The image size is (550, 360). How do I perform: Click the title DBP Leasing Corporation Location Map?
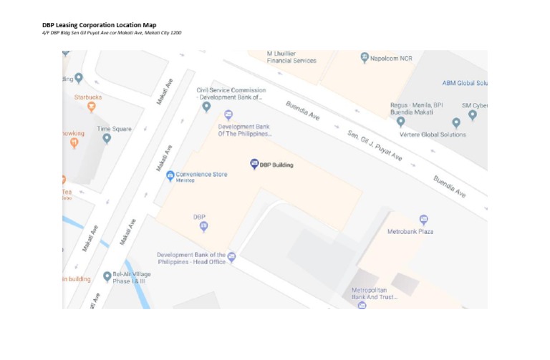99,25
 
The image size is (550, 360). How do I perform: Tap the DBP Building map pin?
254,164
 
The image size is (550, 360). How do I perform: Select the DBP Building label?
276,165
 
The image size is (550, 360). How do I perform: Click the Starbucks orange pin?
91,107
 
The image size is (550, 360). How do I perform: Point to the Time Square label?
115,129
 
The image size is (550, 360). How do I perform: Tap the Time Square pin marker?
107,139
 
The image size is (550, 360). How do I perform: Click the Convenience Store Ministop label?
201,175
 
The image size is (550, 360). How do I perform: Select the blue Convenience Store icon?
170,175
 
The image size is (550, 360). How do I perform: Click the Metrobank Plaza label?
410,232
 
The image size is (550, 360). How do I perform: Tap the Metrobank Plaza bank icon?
423,220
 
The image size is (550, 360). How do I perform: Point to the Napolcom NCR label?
391,57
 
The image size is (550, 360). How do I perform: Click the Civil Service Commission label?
231,94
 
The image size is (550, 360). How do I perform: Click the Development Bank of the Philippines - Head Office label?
191,258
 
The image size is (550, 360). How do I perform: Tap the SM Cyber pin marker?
472,115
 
